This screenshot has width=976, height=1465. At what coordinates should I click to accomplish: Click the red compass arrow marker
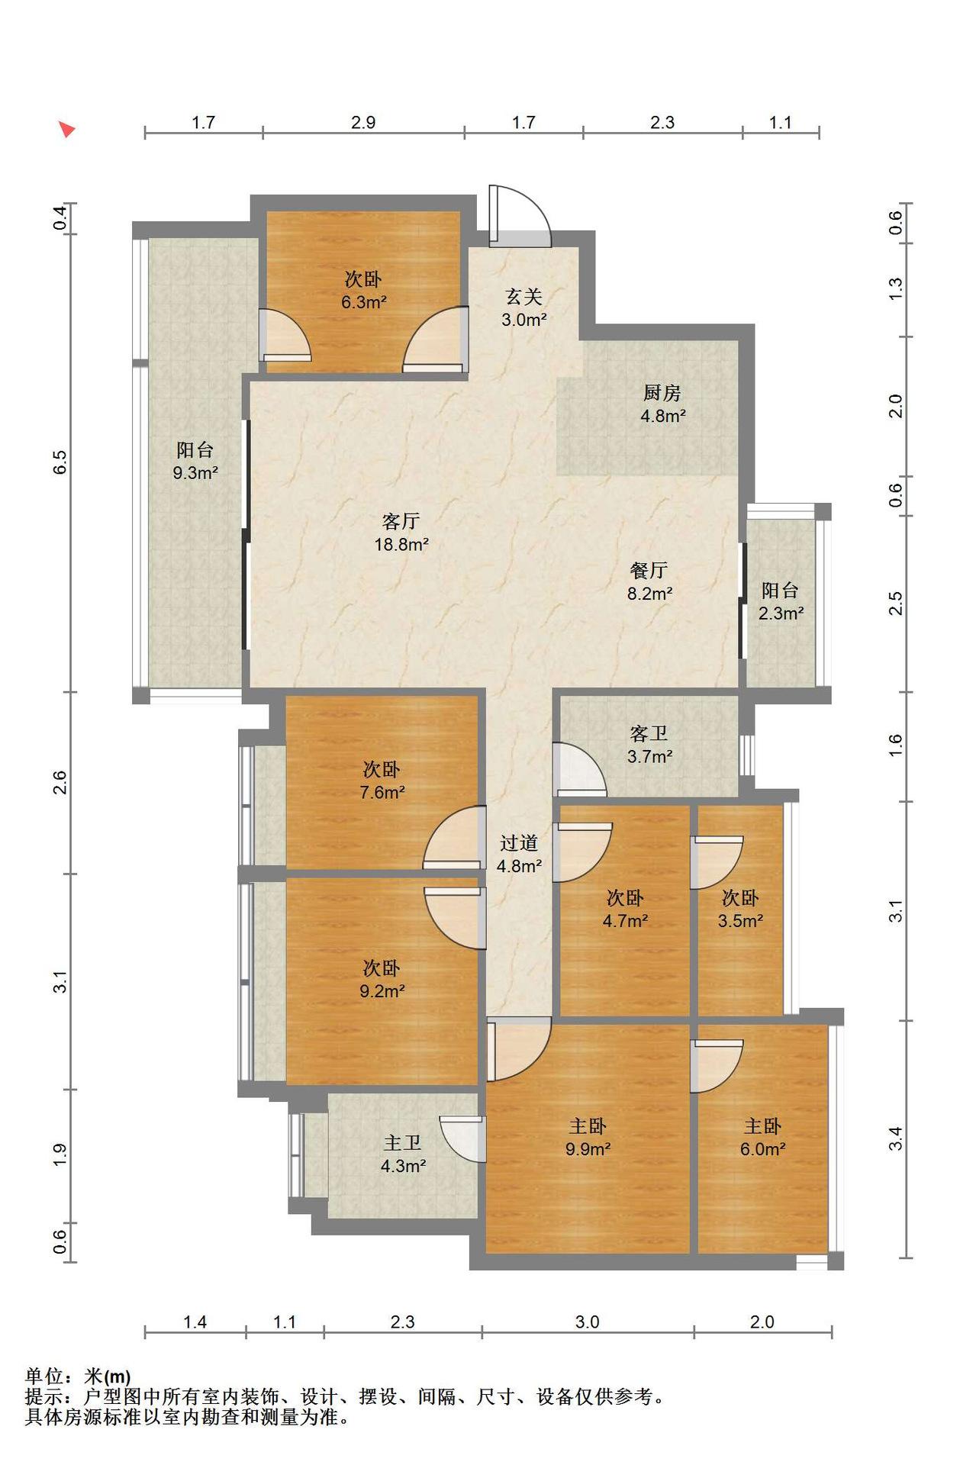click(67, 129)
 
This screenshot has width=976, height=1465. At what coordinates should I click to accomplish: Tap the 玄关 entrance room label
click(524, 295)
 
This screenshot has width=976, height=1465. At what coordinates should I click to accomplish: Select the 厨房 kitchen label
click(662, 392)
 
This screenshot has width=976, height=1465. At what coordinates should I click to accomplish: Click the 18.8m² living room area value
click(401, 545)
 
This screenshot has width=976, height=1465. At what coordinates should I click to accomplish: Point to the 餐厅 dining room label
click(649, 570)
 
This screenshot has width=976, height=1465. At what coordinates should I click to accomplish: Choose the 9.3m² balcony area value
click(195, 473)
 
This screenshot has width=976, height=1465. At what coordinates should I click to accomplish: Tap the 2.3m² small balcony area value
click(781, 613)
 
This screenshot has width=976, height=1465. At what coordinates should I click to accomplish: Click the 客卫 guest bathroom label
click(649, 733)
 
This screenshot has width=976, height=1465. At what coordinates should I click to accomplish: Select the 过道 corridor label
click(520, 842)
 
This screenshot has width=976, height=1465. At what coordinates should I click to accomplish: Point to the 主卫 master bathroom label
click(403, 1142)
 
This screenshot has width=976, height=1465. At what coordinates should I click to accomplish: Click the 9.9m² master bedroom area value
click(588, 1149)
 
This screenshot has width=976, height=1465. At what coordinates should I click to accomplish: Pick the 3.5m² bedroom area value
click(740, 921)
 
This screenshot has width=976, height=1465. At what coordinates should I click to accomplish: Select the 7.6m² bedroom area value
click(382, 793)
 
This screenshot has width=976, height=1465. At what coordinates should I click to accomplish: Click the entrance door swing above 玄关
click(519, 215)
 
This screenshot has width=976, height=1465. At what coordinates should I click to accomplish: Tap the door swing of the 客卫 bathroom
click(579, 769)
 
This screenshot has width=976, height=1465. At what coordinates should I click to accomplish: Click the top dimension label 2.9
click(363, 122)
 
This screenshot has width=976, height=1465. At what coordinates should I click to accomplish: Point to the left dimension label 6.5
click(60, 462)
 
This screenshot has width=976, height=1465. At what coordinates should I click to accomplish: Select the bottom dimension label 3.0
click(587, 1322)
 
